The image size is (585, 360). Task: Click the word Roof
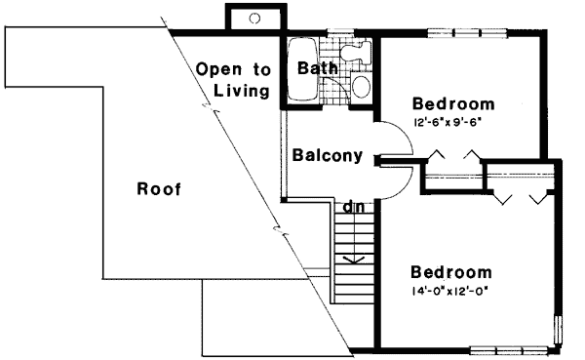click(159, 188)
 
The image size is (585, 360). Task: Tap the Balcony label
click(328, 155)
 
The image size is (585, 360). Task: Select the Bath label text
click(317, 69)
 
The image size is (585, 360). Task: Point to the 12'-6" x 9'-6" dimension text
click(448, 123)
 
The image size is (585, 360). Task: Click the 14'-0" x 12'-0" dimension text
click(450, 292)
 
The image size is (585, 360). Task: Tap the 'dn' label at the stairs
click(352, 207)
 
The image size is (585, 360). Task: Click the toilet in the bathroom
click(361, 86)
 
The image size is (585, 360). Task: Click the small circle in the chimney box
click(254, 18)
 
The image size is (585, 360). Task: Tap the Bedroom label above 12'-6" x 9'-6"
click(452, 103)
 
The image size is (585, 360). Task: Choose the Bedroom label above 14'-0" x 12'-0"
click(450, 272)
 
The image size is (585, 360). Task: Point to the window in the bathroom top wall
click(337, 35)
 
